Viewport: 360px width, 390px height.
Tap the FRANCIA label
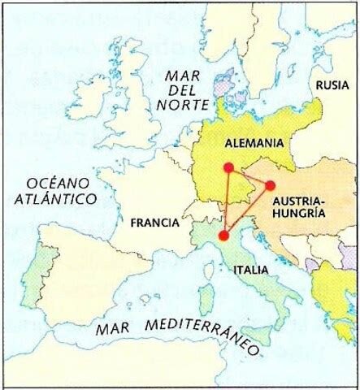click(x=150, y=221)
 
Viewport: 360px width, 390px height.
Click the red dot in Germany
click(x=228, y=167)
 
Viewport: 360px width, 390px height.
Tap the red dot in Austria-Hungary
click(x=270, y=184)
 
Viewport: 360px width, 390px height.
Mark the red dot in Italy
click(x=223, y=236)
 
